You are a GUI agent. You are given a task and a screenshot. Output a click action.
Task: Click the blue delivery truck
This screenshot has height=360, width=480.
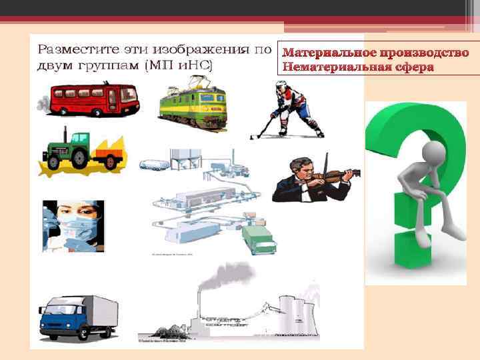[x=77, y=317]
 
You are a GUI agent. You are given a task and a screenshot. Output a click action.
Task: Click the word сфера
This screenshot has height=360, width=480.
[x=410, y=67]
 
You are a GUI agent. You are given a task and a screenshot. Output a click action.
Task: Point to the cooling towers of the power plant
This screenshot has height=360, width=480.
[x=297, y=313]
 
